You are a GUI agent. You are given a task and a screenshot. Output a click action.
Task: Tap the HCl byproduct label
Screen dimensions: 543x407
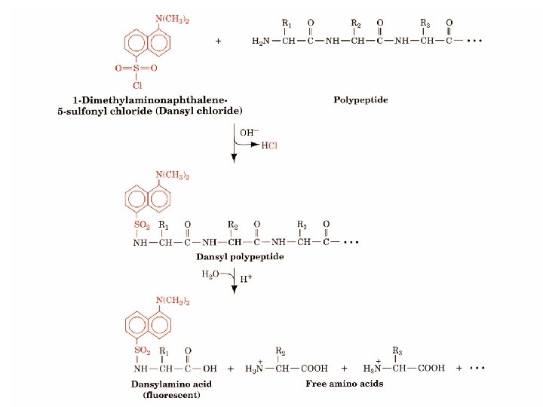pos(270,145)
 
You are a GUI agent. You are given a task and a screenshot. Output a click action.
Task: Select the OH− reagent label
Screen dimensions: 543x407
pos(249,132)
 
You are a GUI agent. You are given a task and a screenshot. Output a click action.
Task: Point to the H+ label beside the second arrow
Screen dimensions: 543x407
pos(244,280)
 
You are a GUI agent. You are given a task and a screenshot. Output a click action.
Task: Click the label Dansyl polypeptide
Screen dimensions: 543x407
pos(249,257)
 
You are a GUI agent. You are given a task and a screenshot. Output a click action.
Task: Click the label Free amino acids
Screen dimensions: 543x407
pos(345,384)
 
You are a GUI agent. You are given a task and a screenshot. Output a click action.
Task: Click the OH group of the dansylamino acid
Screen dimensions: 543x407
pos(210,369)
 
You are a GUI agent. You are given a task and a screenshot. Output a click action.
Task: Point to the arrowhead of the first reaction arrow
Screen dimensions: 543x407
pos(234,158)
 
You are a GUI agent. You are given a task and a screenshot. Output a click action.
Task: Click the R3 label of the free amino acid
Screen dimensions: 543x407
pos(397,350)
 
